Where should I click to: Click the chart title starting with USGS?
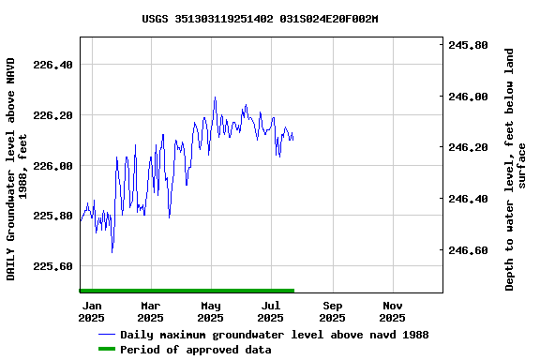pos(260,18)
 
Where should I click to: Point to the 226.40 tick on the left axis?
pos(52,65)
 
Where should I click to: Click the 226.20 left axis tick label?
pos(52,115)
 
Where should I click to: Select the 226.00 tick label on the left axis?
pos(52,166)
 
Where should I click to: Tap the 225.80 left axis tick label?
pos(52,216)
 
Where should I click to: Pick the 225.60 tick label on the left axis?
pos(52,266)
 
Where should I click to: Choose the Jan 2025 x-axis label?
pos(92,311)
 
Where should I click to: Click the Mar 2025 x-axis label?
pos(151,311)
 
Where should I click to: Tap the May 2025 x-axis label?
pos(211,311)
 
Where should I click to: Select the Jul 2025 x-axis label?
pos(271,311)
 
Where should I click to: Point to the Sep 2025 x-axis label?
pos(332,311)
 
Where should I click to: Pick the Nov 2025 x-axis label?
pos(392,311)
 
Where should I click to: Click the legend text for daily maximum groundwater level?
pos(274,335)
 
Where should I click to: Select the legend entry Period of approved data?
pos(195,350)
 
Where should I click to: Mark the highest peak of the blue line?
pos(215,97)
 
